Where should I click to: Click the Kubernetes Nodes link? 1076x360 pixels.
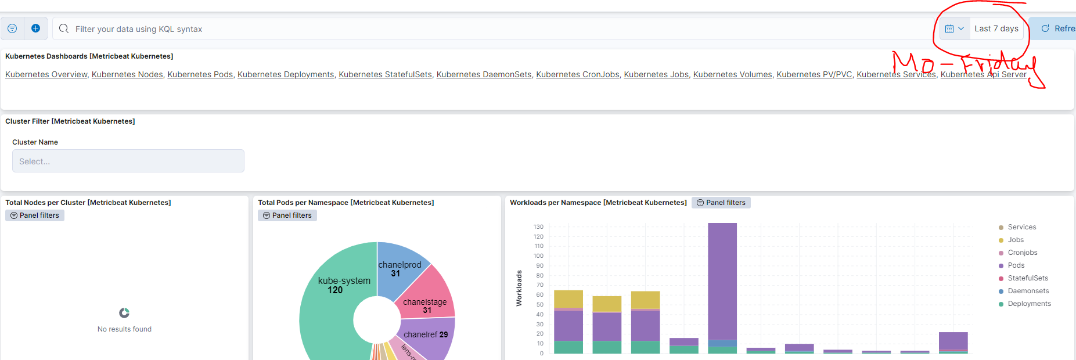(127, 74)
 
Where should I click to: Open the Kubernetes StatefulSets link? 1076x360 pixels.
(385, 74)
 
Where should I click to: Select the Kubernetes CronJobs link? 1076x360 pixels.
(577, 74)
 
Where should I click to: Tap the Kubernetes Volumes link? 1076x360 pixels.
(732, 74)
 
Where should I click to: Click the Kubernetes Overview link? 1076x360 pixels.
(46, 74)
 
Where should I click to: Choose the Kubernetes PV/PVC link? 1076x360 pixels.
(814, 74)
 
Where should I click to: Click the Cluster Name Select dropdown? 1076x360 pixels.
(128, 161)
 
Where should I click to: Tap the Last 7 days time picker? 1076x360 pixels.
(996, 28)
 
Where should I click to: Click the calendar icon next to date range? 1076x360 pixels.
(949, 28)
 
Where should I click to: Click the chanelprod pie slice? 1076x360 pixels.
(401, 264)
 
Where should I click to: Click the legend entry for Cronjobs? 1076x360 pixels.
(1022, 253)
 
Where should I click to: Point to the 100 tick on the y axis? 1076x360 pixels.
(538, 256)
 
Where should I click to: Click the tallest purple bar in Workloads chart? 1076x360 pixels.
(722, 279)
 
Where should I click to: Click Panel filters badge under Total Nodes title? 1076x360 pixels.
(35, 215)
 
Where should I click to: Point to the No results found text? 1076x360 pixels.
(124, 329)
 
